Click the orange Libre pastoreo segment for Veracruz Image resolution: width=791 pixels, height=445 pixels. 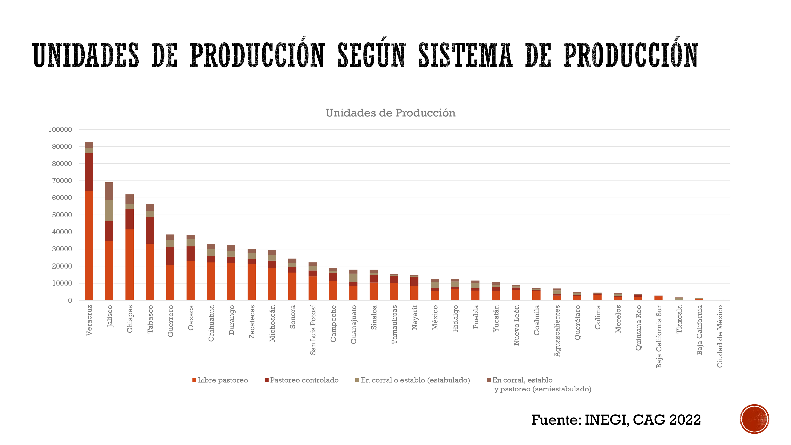coord(89,245)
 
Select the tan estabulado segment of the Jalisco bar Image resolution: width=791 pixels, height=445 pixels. coord(109,211)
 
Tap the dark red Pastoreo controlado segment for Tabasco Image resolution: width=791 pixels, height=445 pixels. coord(150,230)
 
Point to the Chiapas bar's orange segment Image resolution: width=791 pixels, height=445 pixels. coord(130,265)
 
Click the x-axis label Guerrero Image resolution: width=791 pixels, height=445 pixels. coord(170,321)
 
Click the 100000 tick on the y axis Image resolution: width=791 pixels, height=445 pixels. coord(60,130)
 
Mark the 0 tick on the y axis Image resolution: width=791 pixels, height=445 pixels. coord(70,300)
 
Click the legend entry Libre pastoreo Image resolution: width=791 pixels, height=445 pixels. coord(220,380)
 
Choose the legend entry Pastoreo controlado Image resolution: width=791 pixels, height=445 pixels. coord(302,380)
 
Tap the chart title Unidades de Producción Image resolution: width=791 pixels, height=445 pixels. coord(390,113)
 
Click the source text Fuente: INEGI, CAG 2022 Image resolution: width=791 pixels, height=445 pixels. coord(616,420)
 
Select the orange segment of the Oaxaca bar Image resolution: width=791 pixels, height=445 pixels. coord(191,281)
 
